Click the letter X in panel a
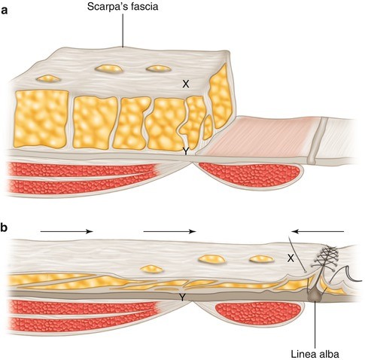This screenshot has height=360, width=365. coord(185,84)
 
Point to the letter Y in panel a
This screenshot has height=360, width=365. coord(185,151)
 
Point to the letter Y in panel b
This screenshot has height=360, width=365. coord(183,298)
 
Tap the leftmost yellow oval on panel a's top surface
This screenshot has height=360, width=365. coord(51,78)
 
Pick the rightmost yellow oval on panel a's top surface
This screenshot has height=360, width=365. coord(157,69)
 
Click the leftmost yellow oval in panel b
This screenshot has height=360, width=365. coord(152,268)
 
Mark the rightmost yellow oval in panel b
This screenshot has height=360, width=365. coord(260,260)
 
